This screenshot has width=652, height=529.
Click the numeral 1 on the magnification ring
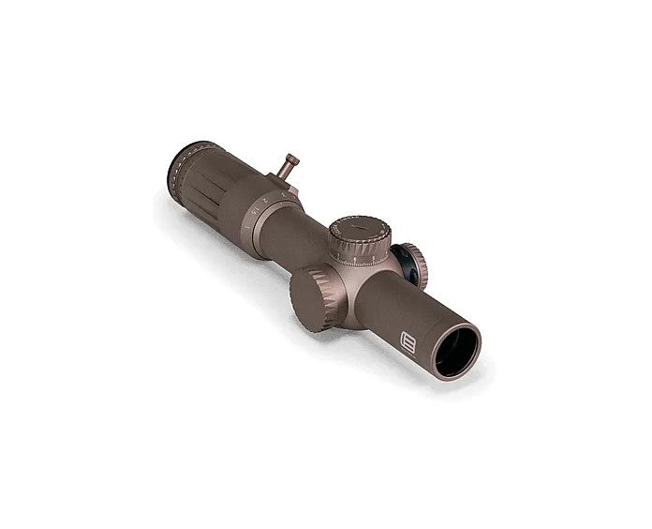[246, 229]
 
